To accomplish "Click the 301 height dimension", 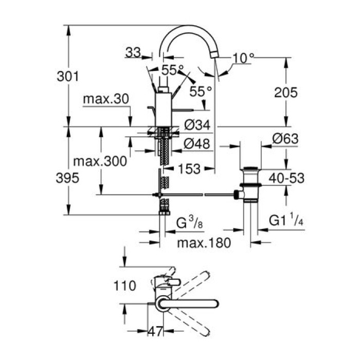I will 67,77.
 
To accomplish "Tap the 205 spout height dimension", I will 285,93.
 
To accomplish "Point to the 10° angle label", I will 243,58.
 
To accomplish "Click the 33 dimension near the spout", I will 133,52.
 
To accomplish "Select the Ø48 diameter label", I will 197,145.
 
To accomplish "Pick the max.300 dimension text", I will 100,161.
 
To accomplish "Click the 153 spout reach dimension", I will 189,168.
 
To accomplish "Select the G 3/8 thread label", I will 188,224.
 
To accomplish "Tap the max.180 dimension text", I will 201,241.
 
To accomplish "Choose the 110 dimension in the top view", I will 125,285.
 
